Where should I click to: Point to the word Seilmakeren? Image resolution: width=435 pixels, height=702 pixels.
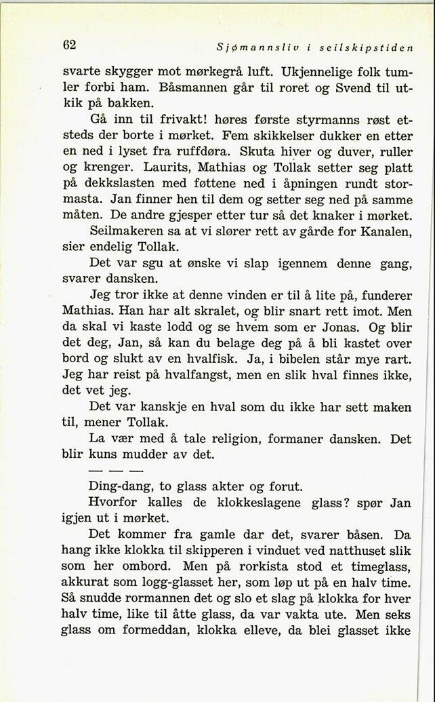[x=127, y=249]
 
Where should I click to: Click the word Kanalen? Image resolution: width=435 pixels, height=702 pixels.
[x=388, y=249]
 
